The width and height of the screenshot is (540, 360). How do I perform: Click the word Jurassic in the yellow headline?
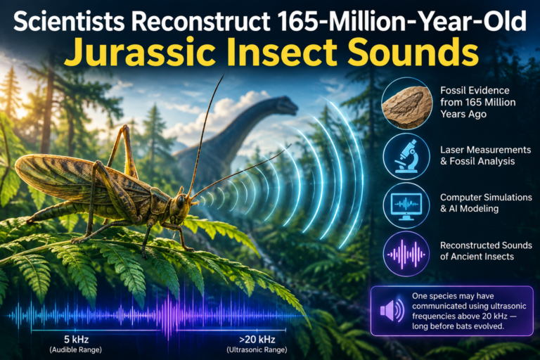140,52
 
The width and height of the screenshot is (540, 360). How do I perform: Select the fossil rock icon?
406,103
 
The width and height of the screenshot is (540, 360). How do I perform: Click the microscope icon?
406,156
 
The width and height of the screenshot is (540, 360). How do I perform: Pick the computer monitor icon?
406,205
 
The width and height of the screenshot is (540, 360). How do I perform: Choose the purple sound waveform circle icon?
406,255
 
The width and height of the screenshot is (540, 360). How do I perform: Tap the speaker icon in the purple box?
392,310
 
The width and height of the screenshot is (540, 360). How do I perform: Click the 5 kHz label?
76,340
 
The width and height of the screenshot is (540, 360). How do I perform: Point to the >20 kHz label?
257,340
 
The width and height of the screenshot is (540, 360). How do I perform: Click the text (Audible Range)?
76,350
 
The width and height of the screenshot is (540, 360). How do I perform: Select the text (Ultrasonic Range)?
257,350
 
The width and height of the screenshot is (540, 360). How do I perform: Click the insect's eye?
181,202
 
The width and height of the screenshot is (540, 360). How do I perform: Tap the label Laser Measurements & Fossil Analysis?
486,155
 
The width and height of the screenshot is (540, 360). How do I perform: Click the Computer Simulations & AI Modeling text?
486,203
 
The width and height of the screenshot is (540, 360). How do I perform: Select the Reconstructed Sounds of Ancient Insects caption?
486,251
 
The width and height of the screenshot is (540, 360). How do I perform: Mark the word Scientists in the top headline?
69,21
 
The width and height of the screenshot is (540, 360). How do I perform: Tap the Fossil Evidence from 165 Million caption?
478,96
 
